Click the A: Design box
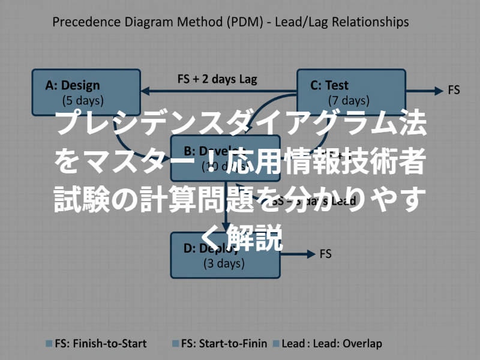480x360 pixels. point(85,92)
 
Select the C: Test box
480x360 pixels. point(352,92)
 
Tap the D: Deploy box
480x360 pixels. point(225,255)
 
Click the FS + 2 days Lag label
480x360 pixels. point(217,79)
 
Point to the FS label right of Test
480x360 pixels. point(454,91)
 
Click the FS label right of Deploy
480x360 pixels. point(325,254)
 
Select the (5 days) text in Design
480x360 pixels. point(83,100)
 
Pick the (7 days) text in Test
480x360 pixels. point(349,100)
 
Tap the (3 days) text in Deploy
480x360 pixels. point(224,263)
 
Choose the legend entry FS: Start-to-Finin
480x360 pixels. point(223,344)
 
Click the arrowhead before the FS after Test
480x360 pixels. point(438,91)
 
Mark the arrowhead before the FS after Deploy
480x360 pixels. point(310,254)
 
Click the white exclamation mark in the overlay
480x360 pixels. point(236,161)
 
